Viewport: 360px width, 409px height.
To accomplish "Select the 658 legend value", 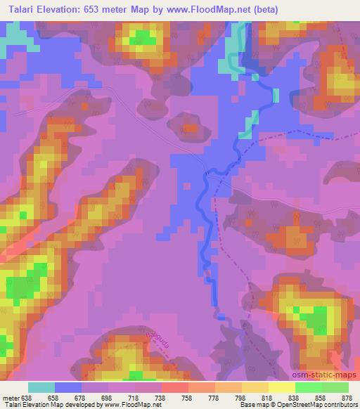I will (54, 397).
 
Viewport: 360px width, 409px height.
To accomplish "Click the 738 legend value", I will (161, 397).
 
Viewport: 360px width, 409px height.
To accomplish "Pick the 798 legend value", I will (241, 397).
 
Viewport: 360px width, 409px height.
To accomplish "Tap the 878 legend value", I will (348, 397).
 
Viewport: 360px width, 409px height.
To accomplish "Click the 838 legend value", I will (295, 397).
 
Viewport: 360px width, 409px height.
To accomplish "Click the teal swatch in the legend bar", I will (41, 387).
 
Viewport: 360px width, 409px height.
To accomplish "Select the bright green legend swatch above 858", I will (309, 387).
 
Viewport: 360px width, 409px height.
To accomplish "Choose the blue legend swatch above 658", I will (68, 387).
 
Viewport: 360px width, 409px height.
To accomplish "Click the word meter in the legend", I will (10, 397).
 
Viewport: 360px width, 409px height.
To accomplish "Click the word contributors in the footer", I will (340, 405).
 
